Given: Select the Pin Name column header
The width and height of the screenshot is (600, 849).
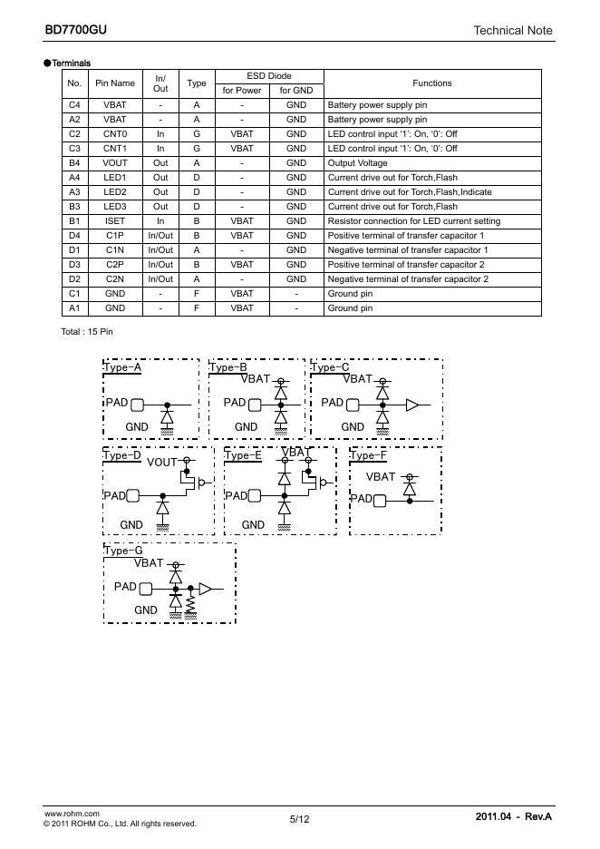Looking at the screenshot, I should (115, 83).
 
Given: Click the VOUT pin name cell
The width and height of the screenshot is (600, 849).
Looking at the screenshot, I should (115, 162).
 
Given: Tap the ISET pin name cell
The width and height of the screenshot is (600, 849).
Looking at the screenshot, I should (115, 220).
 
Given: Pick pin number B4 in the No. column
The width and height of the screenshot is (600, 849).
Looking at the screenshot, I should (74, 162).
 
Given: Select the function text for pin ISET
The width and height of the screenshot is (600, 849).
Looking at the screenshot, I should (413, 220).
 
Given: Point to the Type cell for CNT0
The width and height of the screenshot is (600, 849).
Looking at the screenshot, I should (197, 133).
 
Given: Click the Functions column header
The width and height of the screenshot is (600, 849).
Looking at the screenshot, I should (431, 83).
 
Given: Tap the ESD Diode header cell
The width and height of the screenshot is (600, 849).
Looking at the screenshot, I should (269, 76).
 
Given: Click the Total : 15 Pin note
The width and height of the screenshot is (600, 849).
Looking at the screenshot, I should (87, 331).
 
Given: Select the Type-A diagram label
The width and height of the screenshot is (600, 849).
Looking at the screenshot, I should (123, 368).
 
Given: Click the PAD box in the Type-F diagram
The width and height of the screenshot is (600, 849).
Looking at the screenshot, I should (380, 499).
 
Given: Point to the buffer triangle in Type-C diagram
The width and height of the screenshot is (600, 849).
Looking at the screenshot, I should (412, 405).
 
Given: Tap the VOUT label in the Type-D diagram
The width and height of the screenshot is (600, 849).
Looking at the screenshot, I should (162, 462).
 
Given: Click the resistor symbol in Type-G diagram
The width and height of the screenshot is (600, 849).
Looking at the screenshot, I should (190, 603).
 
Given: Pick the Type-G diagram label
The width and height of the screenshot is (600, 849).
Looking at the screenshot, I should (123, 551).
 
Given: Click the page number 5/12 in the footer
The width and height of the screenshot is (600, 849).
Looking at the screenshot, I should (299, 819).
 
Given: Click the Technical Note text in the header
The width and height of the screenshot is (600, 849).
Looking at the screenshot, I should (512, 31).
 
